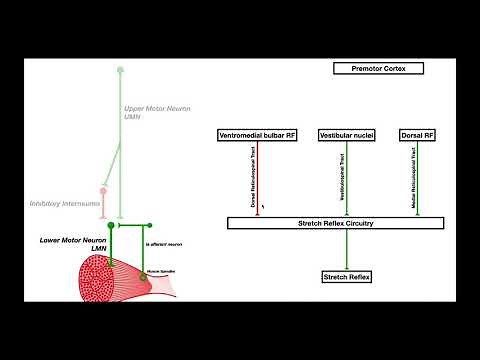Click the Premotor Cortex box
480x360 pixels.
pos(379,68)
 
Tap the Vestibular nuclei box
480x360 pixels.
pos(347,134)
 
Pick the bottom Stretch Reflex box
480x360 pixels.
pos(346,276)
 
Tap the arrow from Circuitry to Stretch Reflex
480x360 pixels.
pos(346,249)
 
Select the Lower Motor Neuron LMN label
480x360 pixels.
pos(64,244)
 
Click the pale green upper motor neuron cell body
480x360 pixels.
pos(121,70)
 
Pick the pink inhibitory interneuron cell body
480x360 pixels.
pos(102,190)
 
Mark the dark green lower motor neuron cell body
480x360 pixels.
pos(111,225)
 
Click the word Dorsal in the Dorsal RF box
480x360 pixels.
pos(408,134)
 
